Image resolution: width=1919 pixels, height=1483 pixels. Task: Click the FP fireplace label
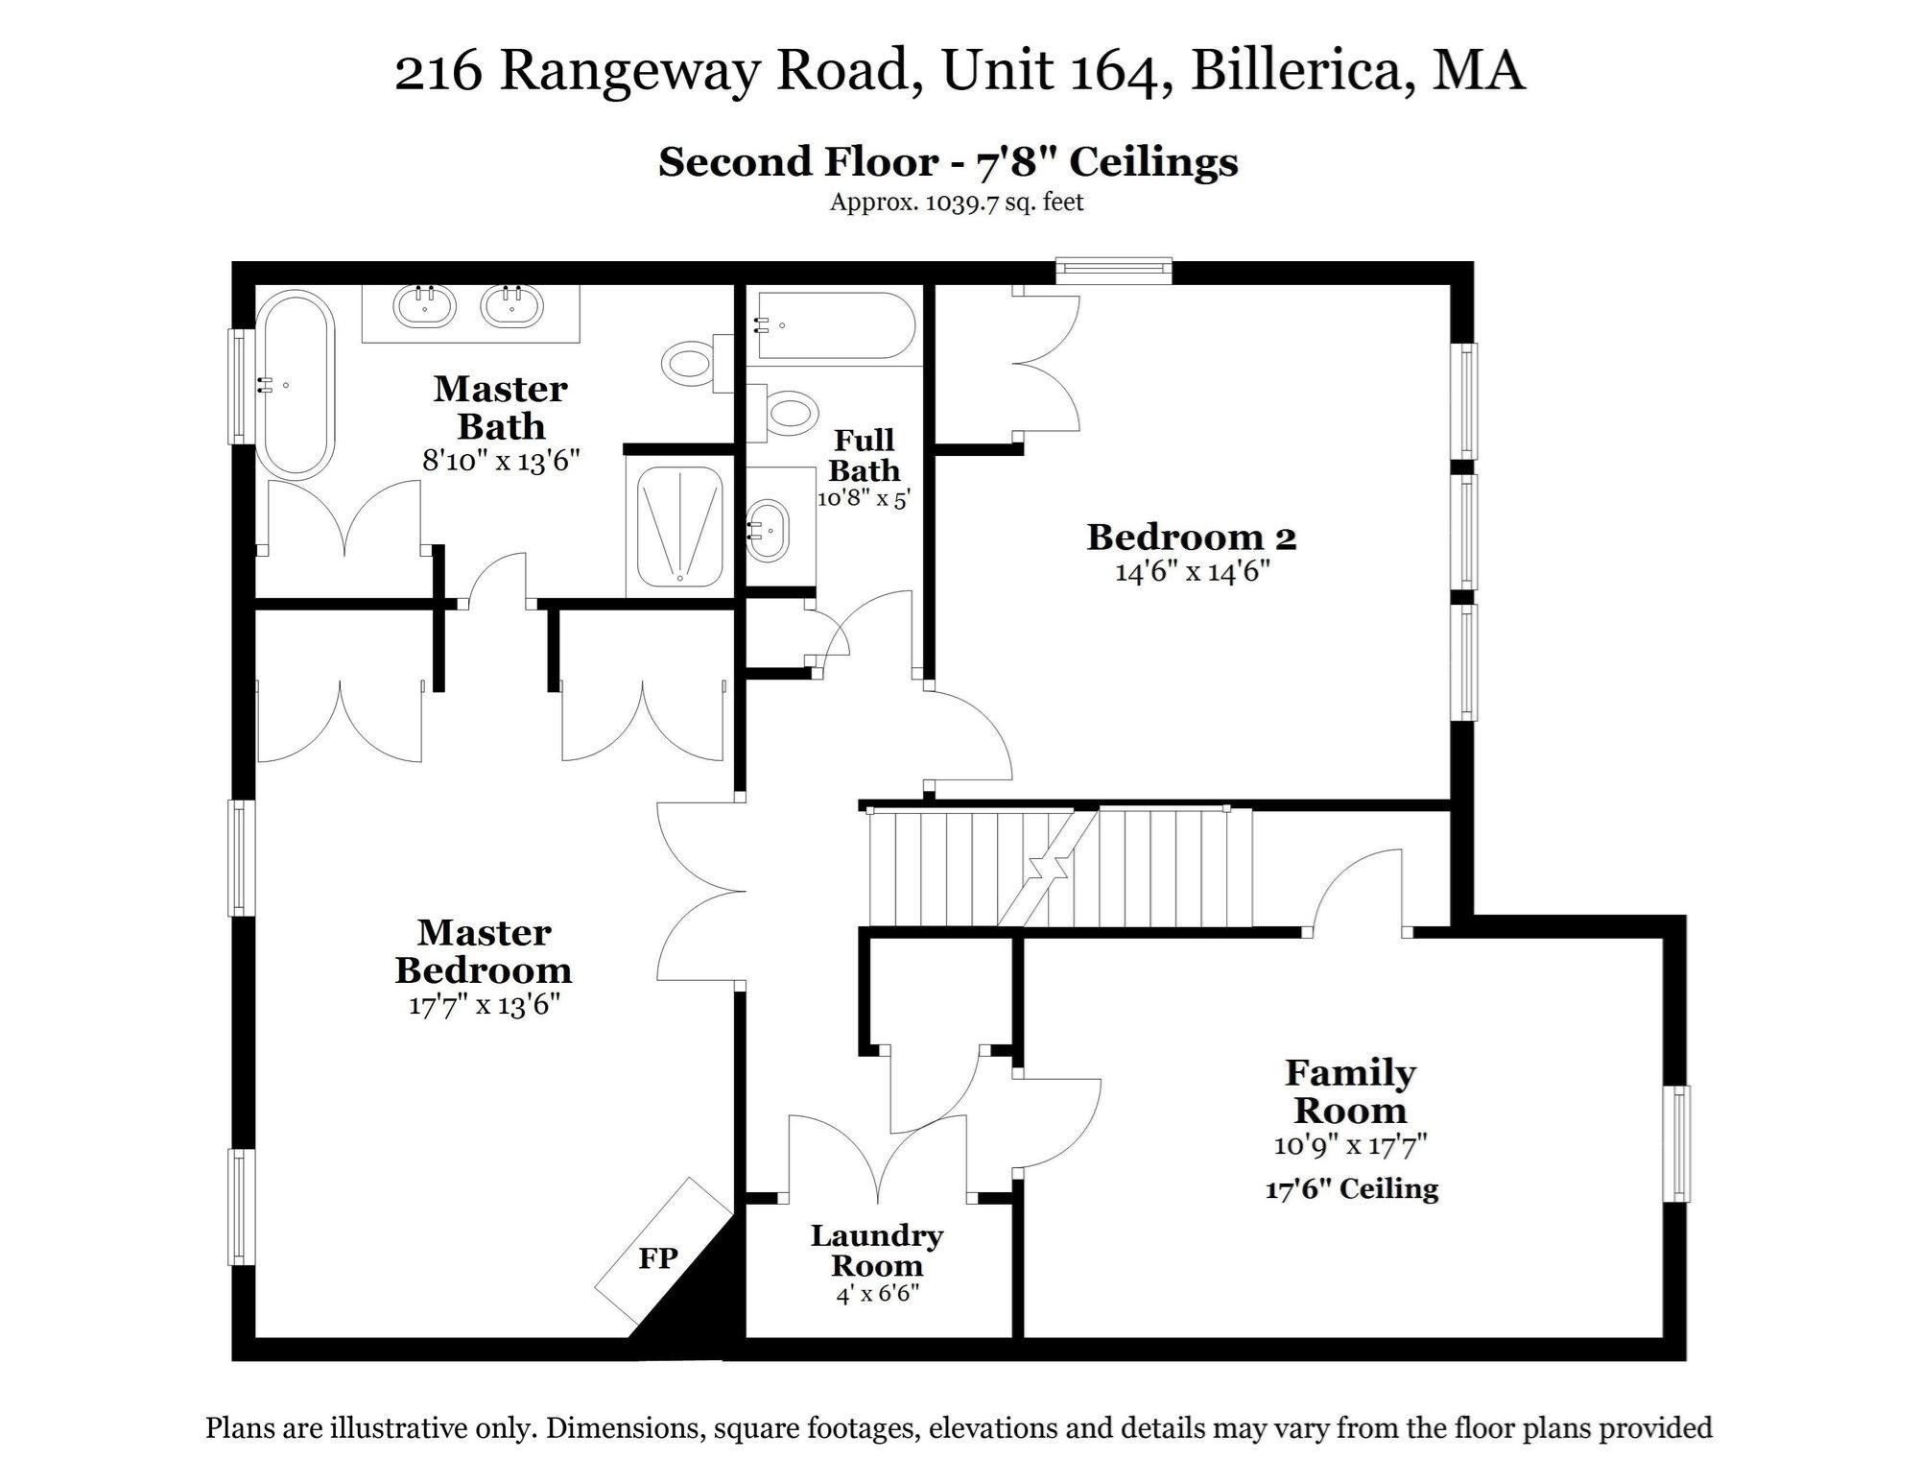tap(658, 1257)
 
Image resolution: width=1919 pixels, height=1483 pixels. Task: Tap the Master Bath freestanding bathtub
tap(296, 385)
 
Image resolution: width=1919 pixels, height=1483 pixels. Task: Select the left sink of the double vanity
tap(423, 306)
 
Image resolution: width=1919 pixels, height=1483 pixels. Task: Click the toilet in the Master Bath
tap(689, 363)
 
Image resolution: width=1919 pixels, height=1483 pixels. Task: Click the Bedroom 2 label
tap(1191, 538)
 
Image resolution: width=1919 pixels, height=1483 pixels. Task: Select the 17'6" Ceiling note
tap(1351, 1189)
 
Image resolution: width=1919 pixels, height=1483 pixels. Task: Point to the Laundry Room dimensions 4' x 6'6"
tap(877, 1294)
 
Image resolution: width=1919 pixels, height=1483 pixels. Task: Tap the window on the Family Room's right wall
tap(1678, 1143)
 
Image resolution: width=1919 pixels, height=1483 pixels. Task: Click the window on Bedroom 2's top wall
tap(1114, 270)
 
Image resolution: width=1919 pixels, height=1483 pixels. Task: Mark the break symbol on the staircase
tap(1047, 870)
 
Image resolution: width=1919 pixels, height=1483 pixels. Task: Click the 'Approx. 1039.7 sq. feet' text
tap(956, 203)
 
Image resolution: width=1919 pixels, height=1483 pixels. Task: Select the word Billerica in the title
tap(1301, 72)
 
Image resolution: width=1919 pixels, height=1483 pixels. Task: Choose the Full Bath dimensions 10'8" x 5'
tap(863, 499)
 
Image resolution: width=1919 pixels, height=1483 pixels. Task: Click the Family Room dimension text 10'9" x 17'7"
tap(1351, 1145)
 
